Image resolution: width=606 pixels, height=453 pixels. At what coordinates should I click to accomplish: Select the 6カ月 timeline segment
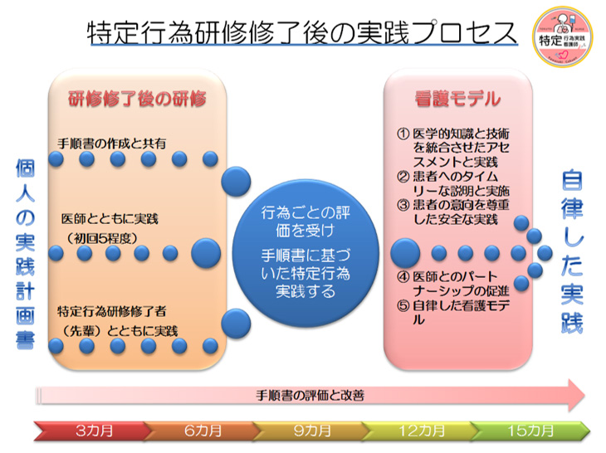coord(203,431)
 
